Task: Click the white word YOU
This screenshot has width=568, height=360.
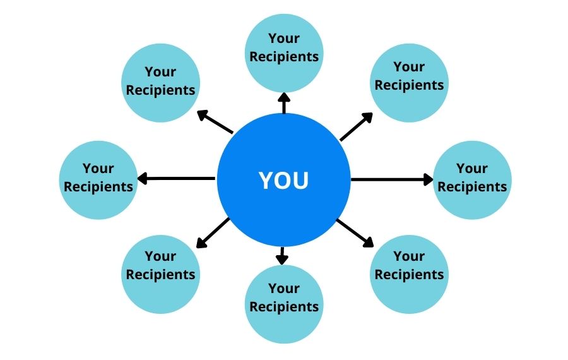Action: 283,180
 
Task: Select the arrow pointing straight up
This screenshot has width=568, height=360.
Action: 284,103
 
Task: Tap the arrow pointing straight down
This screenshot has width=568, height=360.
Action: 282,256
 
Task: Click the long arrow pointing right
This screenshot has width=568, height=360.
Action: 392,179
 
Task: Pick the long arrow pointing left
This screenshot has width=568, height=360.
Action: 176,178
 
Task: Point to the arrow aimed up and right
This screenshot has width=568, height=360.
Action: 357,126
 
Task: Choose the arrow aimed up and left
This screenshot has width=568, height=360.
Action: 215,121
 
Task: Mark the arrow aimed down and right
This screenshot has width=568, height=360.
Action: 355,233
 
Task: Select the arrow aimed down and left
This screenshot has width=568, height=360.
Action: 213,233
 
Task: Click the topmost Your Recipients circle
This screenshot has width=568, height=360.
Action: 284,53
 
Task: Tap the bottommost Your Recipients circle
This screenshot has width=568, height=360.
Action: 284,304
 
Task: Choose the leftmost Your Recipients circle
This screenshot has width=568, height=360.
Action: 98,180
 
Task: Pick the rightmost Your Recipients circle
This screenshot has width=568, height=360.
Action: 472,180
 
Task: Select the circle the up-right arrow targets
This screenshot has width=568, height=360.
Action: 409,83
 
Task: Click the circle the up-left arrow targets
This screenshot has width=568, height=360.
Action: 160,83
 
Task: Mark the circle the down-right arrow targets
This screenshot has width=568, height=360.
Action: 409,274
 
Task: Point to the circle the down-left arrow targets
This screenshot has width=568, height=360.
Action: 160,274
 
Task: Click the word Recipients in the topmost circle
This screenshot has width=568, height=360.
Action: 284,57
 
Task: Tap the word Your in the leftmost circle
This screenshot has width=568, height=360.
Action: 98,168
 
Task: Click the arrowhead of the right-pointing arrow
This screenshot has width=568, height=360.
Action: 429,179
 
